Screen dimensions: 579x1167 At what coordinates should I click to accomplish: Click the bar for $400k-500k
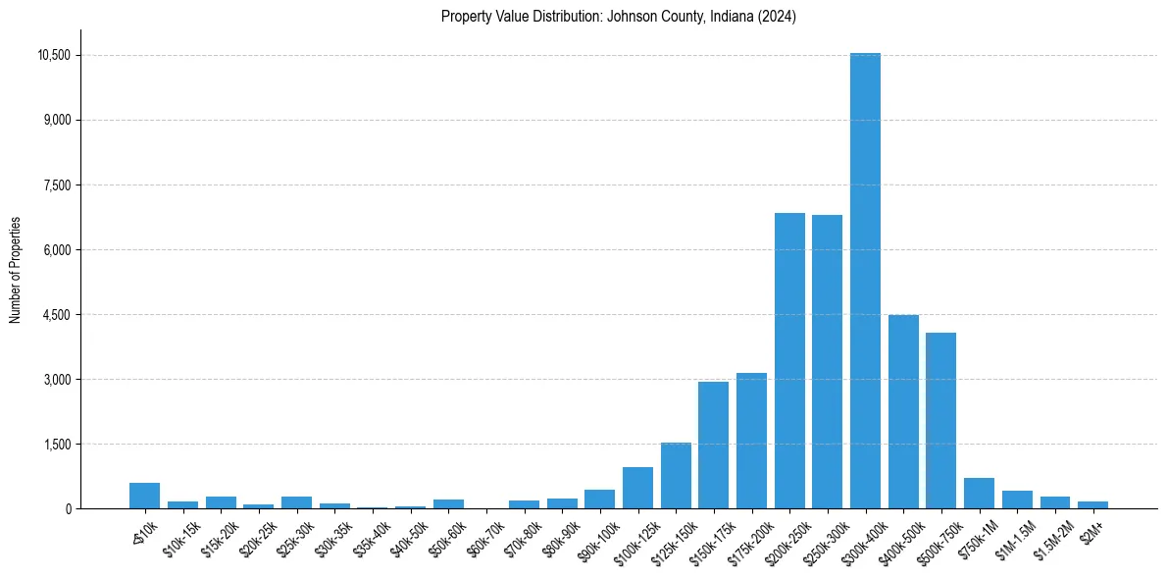point(903,411)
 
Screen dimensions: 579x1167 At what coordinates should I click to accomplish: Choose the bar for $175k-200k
point(751,441)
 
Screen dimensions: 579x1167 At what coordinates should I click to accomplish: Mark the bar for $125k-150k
point(676,475)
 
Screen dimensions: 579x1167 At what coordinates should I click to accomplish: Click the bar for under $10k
point(144,496)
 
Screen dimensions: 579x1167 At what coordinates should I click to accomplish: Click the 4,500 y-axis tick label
point(58,315)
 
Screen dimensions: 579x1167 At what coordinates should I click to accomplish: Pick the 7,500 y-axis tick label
point(58,185)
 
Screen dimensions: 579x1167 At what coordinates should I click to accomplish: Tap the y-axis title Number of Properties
point(16,270)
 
